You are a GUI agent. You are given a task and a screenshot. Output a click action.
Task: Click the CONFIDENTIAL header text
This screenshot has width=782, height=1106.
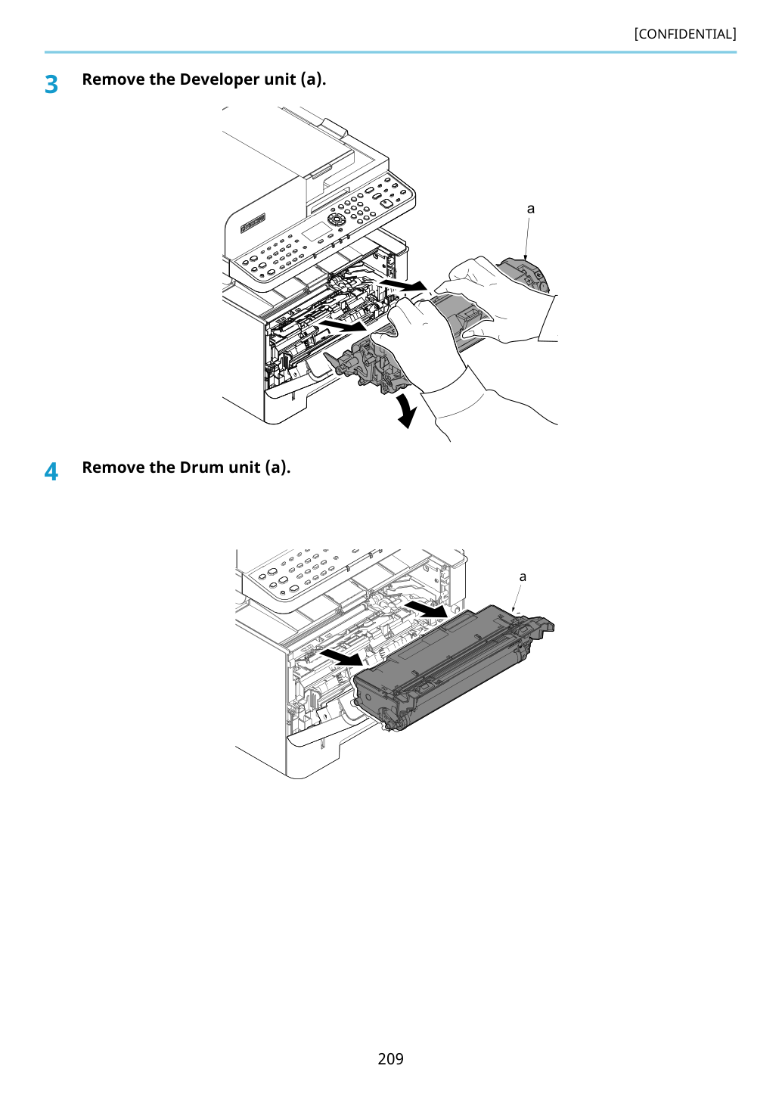tap(684, 34)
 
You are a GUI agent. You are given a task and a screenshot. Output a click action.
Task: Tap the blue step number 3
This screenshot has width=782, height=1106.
tap(51, 85)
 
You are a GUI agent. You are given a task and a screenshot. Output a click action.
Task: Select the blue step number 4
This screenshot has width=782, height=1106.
tap(51, 472)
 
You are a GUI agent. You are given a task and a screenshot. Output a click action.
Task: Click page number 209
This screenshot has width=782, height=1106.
tap(390, 1059)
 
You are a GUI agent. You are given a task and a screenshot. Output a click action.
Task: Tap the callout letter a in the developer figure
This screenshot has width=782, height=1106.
tap(531, 209)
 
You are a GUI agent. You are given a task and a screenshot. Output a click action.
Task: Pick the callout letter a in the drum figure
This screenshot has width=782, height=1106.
tap(523, 576)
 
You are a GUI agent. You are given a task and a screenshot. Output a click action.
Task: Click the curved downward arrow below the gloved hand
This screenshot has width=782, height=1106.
tap(408, 410)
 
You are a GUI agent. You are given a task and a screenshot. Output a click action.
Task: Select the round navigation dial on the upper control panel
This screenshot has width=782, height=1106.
tap(337, 219)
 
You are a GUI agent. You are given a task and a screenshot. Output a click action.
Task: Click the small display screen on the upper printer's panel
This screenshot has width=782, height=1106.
tap(316, 232)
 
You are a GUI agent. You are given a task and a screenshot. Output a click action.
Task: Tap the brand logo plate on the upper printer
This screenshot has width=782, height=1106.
tap(253, 222)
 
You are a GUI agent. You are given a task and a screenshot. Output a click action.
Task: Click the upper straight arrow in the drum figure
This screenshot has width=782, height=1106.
tap(427, 609)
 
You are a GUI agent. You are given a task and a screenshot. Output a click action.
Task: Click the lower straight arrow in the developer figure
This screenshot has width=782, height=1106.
tap(343, 325)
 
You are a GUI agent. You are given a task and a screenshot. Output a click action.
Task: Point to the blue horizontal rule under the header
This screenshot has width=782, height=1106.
tap(390, 52)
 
